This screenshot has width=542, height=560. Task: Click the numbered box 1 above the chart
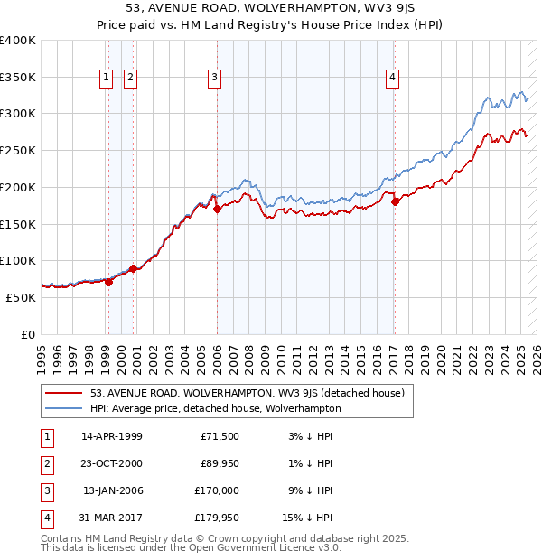pyautogui.click(x=107, y=79)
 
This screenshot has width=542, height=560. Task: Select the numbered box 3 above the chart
pyautogui.click(x=215, y=79)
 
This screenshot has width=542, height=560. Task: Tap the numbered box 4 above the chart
pyautogui.click(x=393, y=79)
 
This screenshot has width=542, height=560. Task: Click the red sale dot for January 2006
pyautogui.click(x=217, y=209)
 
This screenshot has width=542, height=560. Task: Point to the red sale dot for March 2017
pyautogui.click(x=395, y=201)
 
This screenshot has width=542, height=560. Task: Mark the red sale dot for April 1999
pyautogui.click(x=108, y=281)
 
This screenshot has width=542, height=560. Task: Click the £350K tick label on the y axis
pyautogui.click(x=18, y=78)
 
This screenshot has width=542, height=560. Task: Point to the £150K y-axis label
pyautogui.click(x=18, y=224)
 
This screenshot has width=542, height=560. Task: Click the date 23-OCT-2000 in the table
pyautogui.click(x=112, y=462)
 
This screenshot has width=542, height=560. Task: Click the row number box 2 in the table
pyautogui.click(x=46, y=463)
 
